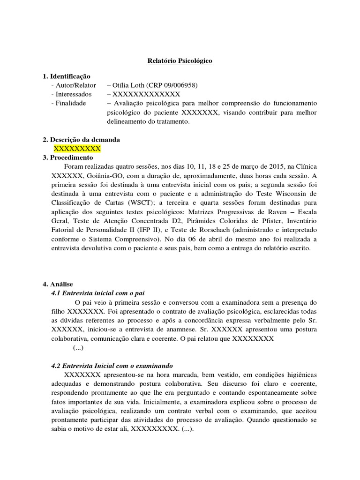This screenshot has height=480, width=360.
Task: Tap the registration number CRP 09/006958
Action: point(172,85)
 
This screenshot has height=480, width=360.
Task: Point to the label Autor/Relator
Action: point(75,85)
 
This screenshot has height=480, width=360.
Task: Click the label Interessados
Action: point(74,94)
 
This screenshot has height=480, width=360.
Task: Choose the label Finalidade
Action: point(71,103)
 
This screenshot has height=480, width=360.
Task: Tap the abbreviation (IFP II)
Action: point(149,230)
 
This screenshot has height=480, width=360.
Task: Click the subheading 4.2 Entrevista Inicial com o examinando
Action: point(112,366)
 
